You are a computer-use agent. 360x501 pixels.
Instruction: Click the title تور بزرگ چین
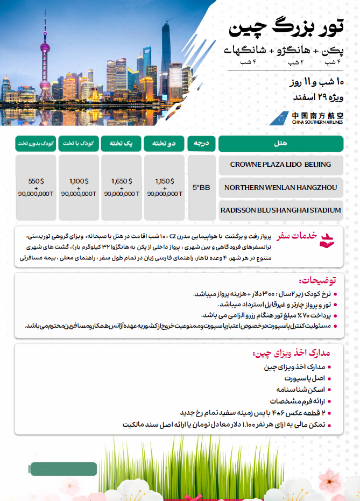coord(285,27)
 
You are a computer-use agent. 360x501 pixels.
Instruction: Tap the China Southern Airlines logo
coord(310,118)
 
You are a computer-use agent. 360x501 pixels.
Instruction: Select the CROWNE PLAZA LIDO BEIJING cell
coord(280,164)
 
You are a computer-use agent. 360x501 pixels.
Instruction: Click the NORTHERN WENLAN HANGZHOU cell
coord(280,187)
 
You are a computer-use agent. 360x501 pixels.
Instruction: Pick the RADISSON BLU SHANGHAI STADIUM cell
coord(280,210)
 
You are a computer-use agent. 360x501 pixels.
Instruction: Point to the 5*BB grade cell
coord(201,187)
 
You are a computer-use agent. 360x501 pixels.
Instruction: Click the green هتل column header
coord(280,144)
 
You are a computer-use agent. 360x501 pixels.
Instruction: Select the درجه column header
coord(201,144)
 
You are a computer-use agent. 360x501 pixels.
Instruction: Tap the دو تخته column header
coord(165,144)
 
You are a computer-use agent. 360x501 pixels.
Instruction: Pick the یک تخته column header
coord(122,144)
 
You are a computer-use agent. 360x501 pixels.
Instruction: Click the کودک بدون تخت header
coord(36,144)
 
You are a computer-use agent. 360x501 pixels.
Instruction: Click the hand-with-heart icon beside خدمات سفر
coord(327,239)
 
